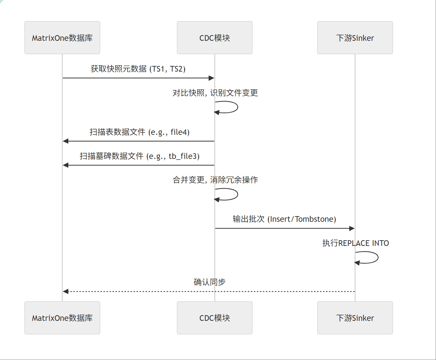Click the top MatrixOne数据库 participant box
(x=62, y=38)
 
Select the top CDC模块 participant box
(x=215, y=38)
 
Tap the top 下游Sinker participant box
(x=355, y=38)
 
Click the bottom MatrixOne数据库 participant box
(x=62, y=318)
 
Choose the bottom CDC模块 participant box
(x=215, y=318)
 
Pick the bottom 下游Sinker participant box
(x=355, y=318)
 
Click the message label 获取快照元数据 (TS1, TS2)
(x=138, y=69)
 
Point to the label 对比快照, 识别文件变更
(x=215, y=93)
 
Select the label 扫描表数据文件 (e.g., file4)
(x=139, y=132)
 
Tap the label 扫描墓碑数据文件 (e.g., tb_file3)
(x=139, y=156)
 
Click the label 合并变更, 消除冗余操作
(x=215, y=180)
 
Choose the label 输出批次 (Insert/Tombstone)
(x=284, y=219)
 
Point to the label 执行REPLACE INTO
(x=355, y=243)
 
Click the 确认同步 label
(x=209, y=282)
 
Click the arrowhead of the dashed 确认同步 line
(x=66, y=291)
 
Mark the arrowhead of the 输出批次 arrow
(x=352, y=229)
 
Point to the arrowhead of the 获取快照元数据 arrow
(x=211, y=78)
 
